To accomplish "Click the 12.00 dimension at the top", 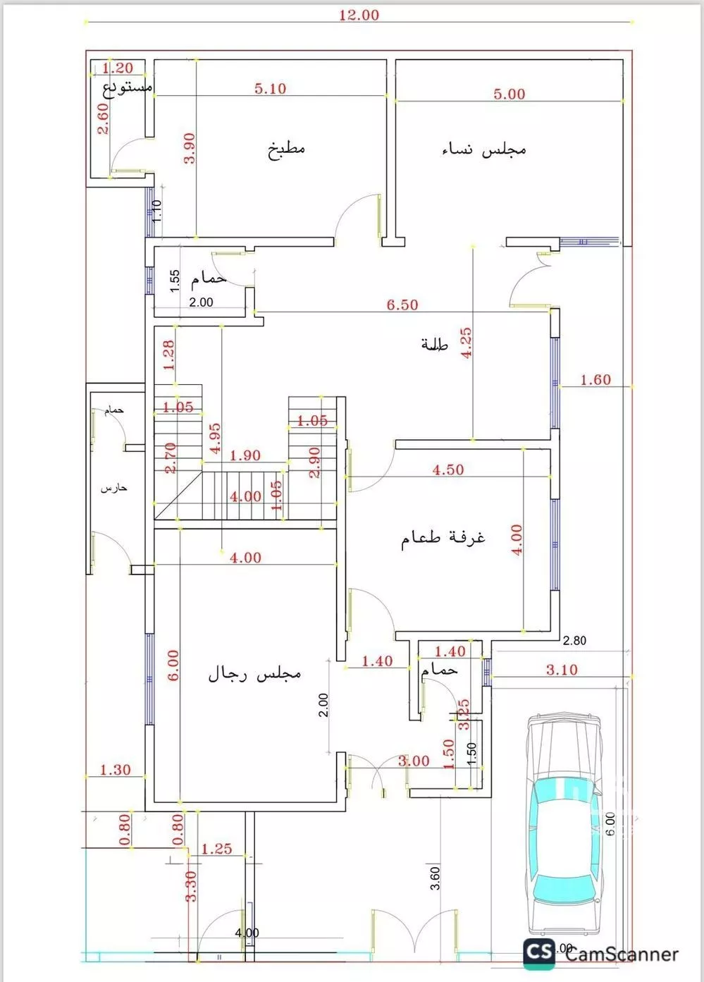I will (x=359, y=15).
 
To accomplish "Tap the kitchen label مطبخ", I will (x=286, y=149).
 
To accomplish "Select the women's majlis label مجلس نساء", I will (x=483, y=149).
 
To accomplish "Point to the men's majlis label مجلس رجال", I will (x=254, y=674).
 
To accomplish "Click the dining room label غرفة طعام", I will (x=443, y=539).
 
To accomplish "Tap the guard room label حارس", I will (x=113, y=488).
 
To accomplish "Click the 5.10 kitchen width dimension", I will (x=270, y=89).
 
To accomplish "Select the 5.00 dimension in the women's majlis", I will (x=509, y=94).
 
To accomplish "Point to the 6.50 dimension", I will (x=402, y=305).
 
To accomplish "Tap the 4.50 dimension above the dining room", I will (x=448, y=470).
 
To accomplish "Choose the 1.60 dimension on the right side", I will (x=595, y=380).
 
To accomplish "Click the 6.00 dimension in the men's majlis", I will (x=173, y=665).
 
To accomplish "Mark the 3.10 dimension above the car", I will (x=562, y=670).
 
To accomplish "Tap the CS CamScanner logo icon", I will (x=539, y=952).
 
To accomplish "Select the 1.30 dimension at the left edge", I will (x=115, y=770).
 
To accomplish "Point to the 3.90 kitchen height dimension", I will (x=189, y=149).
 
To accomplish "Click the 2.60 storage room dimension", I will (x=103, y=119).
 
